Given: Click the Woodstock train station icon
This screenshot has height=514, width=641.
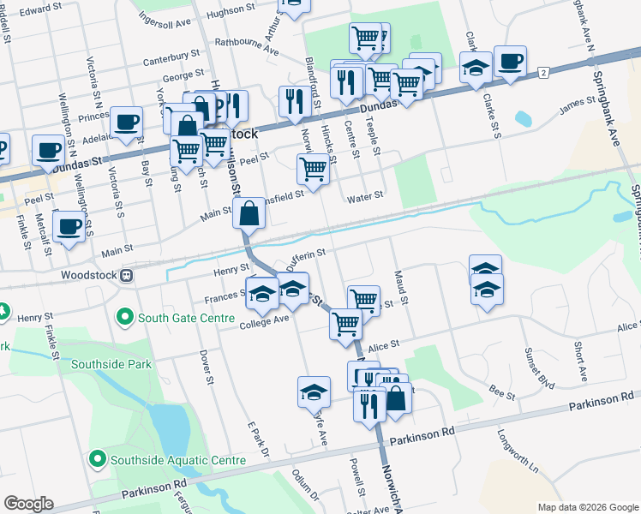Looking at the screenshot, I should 126,276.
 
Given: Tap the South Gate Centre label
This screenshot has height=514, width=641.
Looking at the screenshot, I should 185,318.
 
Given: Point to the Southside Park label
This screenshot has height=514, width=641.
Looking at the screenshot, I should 111,364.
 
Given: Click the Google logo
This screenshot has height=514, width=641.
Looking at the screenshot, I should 28,504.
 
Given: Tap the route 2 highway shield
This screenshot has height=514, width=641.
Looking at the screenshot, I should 543,73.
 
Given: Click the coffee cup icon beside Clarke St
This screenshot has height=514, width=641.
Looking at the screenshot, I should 510,62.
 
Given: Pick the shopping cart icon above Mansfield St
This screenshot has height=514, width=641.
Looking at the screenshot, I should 313,169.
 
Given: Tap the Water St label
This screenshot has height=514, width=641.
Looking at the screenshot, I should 364,198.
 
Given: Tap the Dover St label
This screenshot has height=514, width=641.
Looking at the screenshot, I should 205,361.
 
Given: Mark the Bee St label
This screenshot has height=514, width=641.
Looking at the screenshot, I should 503,396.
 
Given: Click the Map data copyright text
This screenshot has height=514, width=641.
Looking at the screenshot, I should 586,506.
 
